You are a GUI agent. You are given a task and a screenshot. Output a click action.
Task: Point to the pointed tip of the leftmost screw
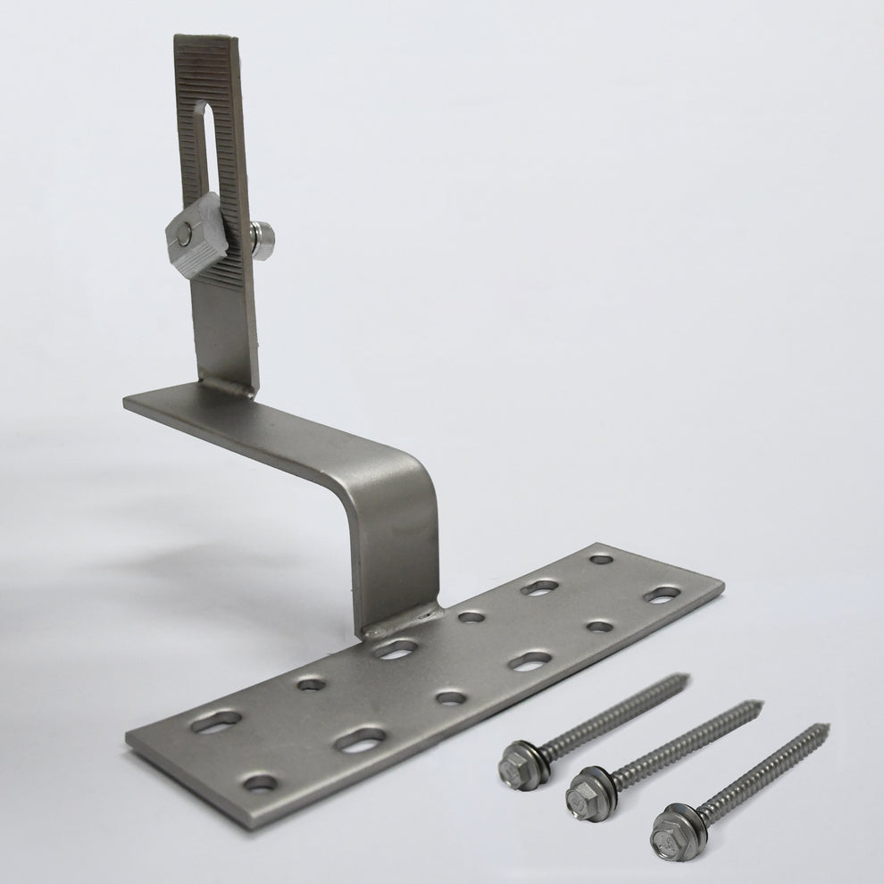(688, 676)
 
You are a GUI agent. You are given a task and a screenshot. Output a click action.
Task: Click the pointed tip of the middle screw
(760, 704)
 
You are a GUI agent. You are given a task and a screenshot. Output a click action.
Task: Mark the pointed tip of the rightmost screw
(827, 727)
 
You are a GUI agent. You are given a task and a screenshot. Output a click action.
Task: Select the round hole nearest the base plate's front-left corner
(261, 783)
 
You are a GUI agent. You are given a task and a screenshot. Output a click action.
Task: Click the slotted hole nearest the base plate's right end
(663, 594)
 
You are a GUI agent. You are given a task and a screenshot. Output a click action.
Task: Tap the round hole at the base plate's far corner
(602, 559)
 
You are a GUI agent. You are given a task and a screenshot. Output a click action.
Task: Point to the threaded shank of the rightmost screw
(759, 769)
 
